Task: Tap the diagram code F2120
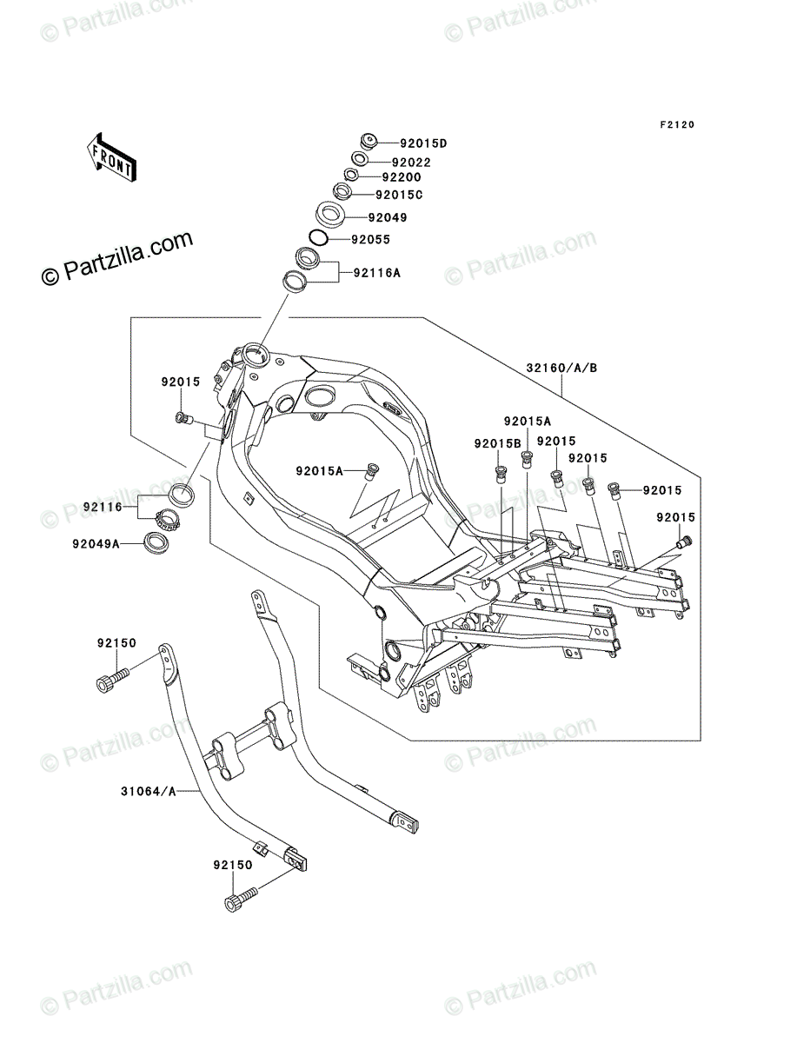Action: tap(677, 124)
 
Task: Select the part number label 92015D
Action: tap(423, 143)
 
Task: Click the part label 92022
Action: tap(411, 163)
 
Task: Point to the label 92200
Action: tap(402, 177)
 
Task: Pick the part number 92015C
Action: tap(399, 195)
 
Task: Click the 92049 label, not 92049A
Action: tap(388, 217)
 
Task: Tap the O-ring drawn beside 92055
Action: tap(318, 237)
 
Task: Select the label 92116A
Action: tap(376, 273)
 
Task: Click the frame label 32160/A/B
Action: tap(561, 368)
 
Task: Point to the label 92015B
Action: tap(497, 443)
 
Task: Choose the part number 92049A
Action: tap(96, 543)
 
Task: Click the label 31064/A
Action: tap(149, 791)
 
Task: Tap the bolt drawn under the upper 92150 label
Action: tap(112, 683)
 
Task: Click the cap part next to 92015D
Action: tap(369, 141)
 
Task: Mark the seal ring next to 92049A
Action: tap(156, 542)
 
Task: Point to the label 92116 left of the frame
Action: tap(103, 507)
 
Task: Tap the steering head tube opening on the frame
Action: tap(255, 355)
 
